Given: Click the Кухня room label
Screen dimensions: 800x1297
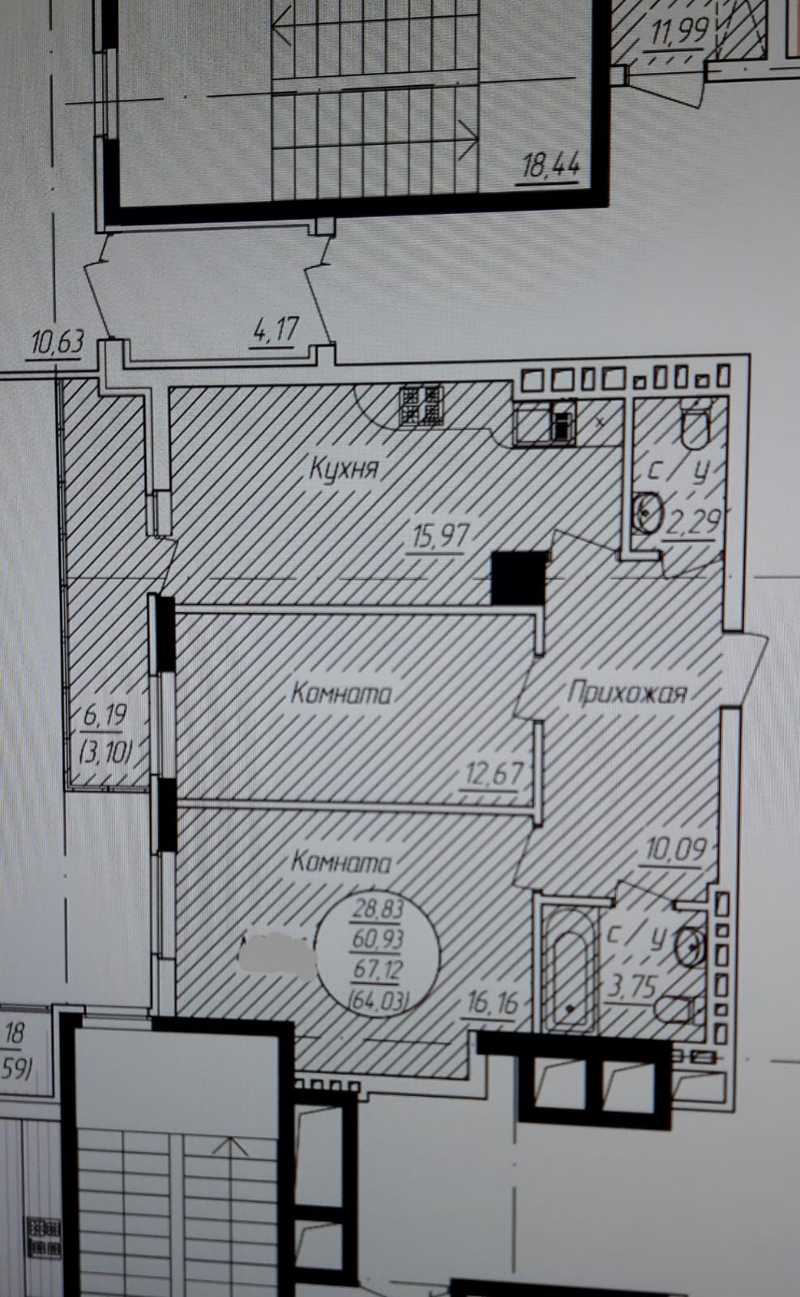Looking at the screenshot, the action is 344,469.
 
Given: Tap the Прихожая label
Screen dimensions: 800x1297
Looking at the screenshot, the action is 627,693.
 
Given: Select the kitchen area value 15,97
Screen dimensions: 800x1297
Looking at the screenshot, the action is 441,536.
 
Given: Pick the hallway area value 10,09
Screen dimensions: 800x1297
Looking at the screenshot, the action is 676,850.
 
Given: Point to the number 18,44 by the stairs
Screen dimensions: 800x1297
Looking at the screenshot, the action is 551,167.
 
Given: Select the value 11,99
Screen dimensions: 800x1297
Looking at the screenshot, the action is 679,32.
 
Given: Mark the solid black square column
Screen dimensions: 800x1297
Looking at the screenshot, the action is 520,577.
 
